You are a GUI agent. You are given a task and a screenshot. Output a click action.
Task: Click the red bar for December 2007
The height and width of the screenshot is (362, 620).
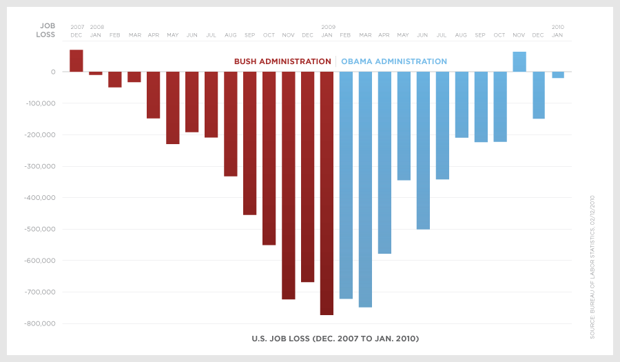[x=76, y=61]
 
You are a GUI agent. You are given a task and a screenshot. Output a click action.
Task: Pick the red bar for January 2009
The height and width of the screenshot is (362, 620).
[x=327, y=193]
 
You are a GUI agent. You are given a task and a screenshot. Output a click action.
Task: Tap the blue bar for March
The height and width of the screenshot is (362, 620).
[x=365, y=189]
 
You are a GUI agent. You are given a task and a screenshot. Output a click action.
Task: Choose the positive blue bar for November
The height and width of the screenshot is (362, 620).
[x=519, y=61]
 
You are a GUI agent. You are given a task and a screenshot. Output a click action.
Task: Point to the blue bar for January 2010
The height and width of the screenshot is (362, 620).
[x=558, y=74]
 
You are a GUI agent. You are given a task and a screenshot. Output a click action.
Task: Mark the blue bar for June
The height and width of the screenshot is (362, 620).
[x=423, y=150]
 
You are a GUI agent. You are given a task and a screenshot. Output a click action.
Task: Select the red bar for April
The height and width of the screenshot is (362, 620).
[x=154, y=95]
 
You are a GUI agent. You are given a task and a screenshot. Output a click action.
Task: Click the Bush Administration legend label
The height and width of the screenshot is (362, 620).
[x=282, y=61]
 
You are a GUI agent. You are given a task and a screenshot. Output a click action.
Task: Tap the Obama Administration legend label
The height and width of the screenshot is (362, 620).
[x=394, y=61]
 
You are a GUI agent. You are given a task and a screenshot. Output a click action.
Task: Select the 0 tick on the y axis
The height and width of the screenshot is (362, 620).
[x=53, y=72]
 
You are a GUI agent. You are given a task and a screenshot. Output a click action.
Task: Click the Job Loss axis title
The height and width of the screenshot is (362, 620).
[x=46, y=30]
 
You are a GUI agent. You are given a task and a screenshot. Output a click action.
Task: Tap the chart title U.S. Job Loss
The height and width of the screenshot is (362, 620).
[x=335, y=339]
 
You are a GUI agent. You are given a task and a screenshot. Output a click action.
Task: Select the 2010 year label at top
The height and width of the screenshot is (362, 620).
[x=558, y=27]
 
